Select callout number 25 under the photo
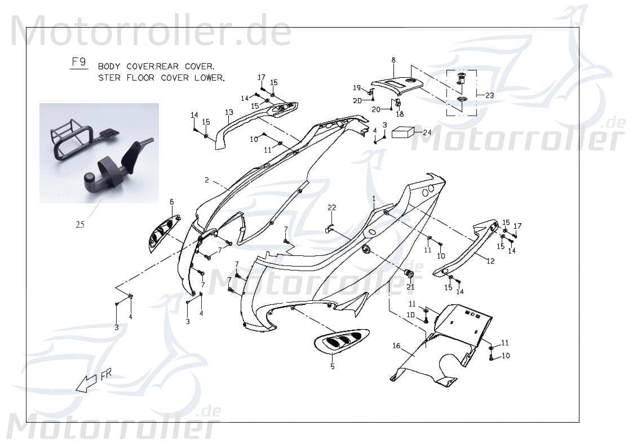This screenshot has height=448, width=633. [80, 224]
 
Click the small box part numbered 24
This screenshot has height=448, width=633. [402, 132]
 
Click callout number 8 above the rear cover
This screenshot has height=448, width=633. [393, 60]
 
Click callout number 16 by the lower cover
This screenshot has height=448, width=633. [396, 345]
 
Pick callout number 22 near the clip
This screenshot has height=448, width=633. [332, 209]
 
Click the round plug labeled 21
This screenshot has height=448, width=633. [409, 274]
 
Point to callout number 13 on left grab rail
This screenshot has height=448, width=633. [229, 112]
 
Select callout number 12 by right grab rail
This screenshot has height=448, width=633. [490, 260]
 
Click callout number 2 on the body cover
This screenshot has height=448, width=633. [207, 180]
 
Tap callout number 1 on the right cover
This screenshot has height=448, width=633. [373, 198]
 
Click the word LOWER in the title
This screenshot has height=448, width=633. [208, 78]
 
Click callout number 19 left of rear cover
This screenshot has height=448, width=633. [356, 87]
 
